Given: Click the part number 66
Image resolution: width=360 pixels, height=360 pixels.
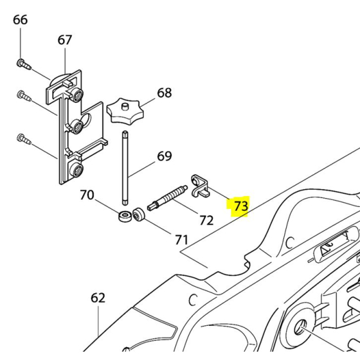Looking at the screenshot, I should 21,20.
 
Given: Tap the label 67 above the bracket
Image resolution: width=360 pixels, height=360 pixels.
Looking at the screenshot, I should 65,40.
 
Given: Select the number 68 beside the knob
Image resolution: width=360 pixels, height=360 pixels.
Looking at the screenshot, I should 165,93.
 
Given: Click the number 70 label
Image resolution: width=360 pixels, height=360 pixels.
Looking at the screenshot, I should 87,195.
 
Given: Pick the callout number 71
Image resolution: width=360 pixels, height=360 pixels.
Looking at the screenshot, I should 182,240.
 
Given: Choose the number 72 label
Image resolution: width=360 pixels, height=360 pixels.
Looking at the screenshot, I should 206,221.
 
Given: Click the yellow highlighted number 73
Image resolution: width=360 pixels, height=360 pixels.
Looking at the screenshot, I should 240,206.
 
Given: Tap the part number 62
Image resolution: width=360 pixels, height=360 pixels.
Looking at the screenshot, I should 98,298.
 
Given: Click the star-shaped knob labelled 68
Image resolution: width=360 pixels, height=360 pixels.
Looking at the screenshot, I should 123,112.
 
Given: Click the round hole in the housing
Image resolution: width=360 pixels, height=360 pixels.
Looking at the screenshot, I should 300,328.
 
